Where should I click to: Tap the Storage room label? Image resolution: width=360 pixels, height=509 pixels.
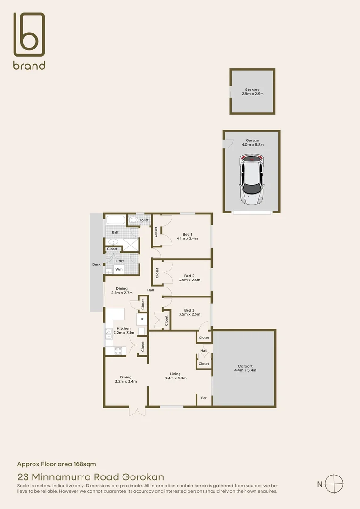[252, 90]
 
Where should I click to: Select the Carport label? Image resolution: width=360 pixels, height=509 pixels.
[245, 366]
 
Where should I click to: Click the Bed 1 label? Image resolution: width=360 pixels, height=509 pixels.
[187, 234]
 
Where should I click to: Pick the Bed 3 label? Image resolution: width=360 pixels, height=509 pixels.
[189, 310]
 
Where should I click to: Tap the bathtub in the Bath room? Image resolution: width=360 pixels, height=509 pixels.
[115, 220]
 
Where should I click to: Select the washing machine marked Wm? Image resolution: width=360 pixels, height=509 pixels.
[119, 269]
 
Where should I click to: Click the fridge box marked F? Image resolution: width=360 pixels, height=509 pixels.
[142, 320]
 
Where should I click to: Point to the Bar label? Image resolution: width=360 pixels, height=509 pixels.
[204, 398]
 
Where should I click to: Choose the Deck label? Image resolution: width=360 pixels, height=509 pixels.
[96, 265]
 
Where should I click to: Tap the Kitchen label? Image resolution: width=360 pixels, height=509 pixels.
[123, 328]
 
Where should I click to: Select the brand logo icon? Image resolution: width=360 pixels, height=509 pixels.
[29, 34]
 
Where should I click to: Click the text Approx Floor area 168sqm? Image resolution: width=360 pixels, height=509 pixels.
[57, 464]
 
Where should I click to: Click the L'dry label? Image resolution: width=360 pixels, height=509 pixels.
[120, 260]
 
